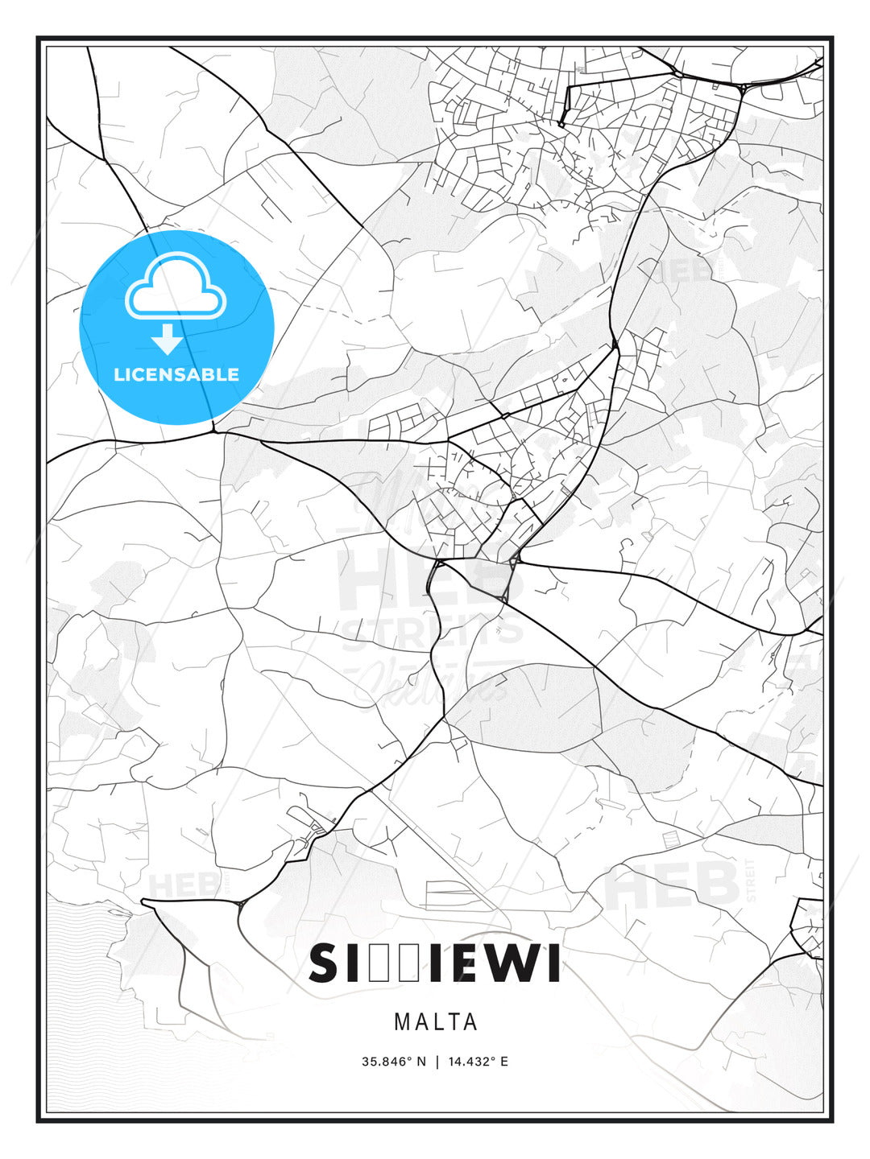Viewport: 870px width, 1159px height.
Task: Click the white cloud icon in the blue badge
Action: pos(176,287)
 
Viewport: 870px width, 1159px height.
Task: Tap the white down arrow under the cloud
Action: pos(168,340)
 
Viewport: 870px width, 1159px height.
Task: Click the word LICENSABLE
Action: pos(176,374)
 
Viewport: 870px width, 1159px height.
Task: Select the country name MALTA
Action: pos(436,1022)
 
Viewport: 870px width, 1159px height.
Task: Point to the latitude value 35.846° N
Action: pos(393,1062)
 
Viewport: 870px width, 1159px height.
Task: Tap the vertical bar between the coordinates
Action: pos(437,1062)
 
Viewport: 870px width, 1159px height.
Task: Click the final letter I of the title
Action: pos(554,965)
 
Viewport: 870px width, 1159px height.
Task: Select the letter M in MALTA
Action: pos(401,1022)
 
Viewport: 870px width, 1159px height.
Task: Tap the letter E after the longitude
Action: pos(504,1062)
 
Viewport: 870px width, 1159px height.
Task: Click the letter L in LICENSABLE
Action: pos(118,374)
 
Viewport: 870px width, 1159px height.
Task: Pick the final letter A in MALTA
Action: pos(471,1022)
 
